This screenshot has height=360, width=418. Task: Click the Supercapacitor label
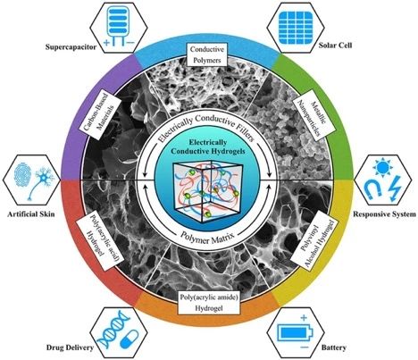(x=71, y=46)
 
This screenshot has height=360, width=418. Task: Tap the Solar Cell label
(x=335, y=46)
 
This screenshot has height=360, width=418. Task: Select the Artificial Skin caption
(x=31, y=213)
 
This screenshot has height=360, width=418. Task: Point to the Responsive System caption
(x=384, y=214)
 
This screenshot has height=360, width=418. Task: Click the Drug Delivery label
(x=70, y=347)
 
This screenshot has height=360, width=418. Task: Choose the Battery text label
(x=333, y=347)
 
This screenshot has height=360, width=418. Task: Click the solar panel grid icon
(x=296, y=27)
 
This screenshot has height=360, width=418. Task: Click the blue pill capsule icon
(x=130, y=339)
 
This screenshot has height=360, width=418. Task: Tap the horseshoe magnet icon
(x=373, y=189)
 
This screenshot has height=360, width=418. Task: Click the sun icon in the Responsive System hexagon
(x=382, y=169)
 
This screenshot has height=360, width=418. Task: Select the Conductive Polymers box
(x=207, y=54)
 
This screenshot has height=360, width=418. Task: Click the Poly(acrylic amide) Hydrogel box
(x=209, y=303)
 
